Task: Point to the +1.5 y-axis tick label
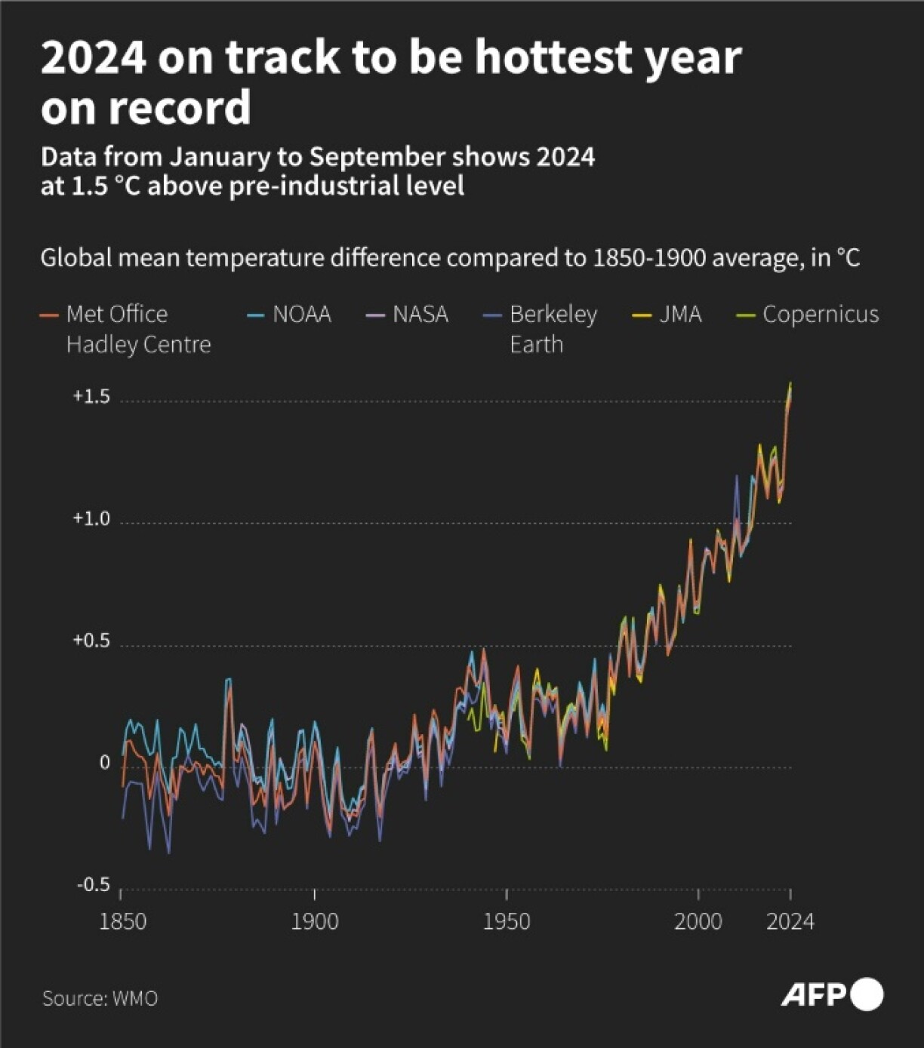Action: (91, 397)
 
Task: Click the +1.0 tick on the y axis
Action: (91, 519)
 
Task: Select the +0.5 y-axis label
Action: (91, 641)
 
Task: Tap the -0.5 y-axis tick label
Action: (93, 884)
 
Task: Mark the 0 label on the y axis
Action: (105, 763)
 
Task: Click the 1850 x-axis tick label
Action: (122, 921)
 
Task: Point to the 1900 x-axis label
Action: (314, 921)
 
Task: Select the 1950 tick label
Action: (506, 921)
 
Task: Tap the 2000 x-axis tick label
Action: (698, 921)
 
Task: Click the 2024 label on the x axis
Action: (790, 921)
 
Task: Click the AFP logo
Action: (831, 994)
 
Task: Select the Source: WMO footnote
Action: (100, 998)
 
